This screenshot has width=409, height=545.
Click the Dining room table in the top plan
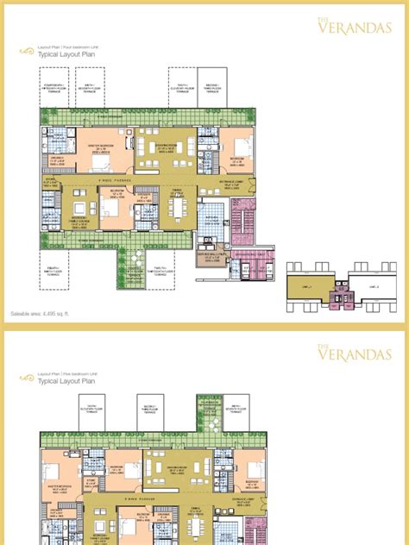tap(176, 210)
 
